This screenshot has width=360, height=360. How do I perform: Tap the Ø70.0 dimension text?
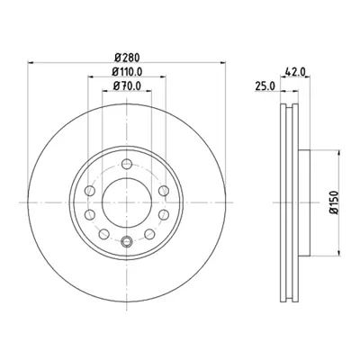point(126,86)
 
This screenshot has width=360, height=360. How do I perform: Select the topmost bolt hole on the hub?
point(126,163)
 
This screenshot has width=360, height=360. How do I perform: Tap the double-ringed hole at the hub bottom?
point(126,239)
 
